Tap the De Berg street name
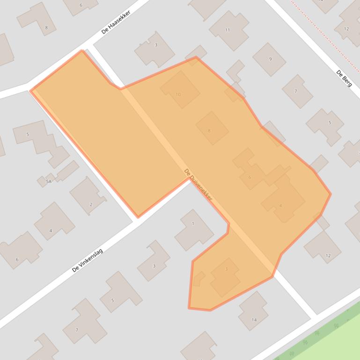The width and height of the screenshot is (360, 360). (344, 78)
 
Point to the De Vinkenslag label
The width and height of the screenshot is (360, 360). (88, 260)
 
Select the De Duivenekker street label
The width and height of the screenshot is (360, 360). (198, 185)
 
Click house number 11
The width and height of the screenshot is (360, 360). (228, 30)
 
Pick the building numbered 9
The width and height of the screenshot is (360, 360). (270, 59)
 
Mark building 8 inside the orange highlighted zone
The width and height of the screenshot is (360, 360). (212, 128)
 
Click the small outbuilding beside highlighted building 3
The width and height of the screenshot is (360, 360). (199, 279)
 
